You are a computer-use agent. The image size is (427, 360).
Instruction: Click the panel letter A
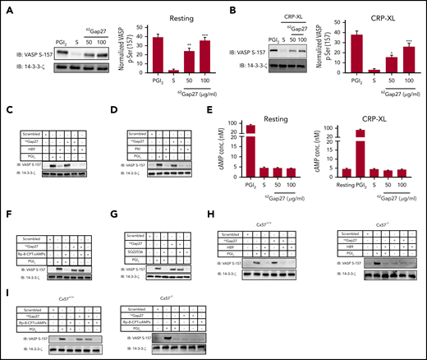6,7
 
